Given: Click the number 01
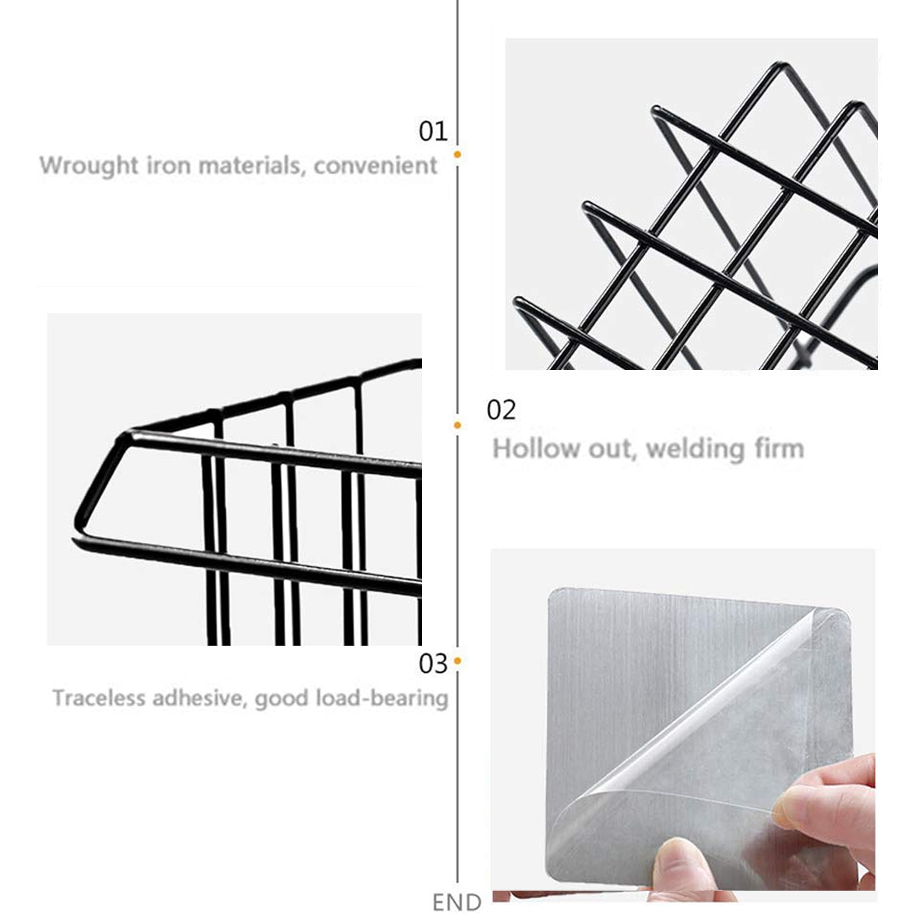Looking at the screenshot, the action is (x=433, y=131).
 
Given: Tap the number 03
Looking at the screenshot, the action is (x=433, y=664).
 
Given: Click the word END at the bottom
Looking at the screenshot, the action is (x=457, y=902).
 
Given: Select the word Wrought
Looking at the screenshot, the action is (x=89, y=166).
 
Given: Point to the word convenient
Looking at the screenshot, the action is (x=375, y=166).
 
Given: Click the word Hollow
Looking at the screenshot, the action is (x=536, y=448).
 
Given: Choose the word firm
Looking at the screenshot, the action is (x=780, y=448).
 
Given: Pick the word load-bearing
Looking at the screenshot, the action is (x=382, y=699).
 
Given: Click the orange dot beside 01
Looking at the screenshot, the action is (x=457, y=154).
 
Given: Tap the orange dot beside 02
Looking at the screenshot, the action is (x=457, y=425).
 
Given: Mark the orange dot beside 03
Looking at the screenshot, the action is (x=457, y=661).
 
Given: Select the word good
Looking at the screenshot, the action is (x=281, y=699).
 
